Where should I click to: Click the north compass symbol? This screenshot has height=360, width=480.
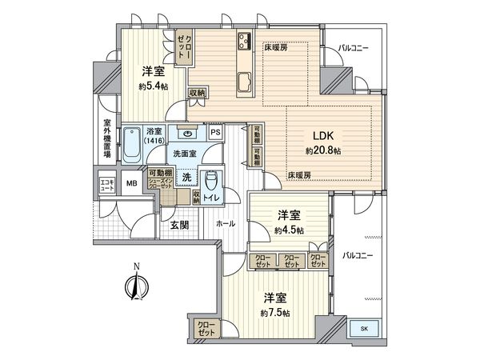[x=137, y=285]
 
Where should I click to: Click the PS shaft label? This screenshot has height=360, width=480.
[x=215, y=134]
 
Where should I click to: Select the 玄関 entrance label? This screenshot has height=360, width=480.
[x=179, y=225]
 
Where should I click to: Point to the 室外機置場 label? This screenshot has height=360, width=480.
[x=106, y=140]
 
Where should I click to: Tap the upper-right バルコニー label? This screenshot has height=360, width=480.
[x=354, y=49]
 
